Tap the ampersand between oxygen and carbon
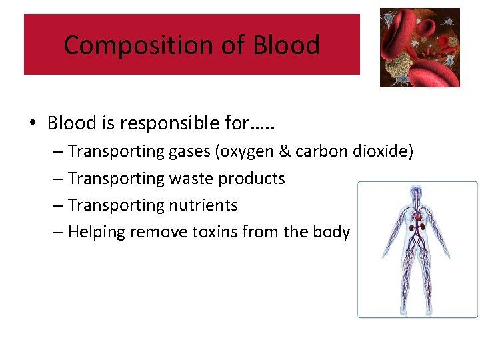click(285, 151)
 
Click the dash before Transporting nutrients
click(58, 205)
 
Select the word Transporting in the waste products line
click(109, 179)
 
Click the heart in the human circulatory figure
click(419, 217)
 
